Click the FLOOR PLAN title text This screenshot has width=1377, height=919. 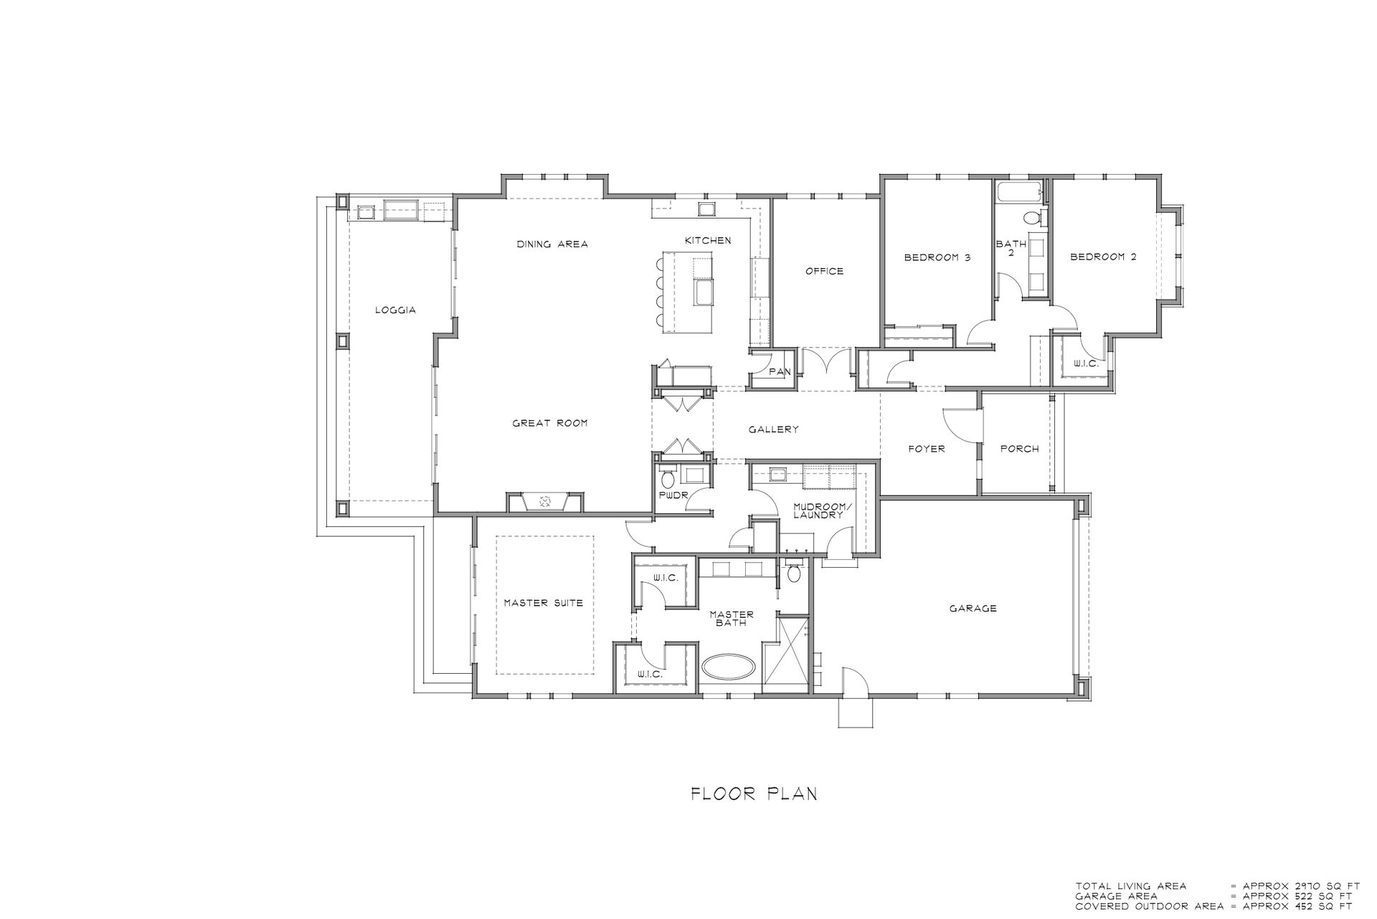[x=754, y=794]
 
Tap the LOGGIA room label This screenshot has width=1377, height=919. [x=396, y=310]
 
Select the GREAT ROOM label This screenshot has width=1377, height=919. [x=550, y=423]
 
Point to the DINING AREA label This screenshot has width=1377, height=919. [x=552, y=244]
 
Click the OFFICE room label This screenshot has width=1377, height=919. [x=825, y=271]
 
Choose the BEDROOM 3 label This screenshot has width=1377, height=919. [x=937, y=257]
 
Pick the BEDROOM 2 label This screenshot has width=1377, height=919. [x=1103, y=257]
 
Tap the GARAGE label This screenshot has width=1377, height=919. [x=973, y=609]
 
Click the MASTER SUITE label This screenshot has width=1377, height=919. [x=544, y=603]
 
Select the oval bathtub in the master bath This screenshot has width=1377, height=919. [x=729, y=667]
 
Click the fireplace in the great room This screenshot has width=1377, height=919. [x=544, y=502]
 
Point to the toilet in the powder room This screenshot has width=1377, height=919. [x=668, y=477]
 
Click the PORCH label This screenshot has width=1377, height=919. [x=1020, y=449]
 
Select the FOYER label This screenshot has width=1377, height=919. [x=927, y=449]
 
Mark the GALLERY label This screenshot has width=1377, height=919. [x=774, y=429]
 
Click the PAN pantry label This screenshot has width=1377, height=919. [x=780, y=372]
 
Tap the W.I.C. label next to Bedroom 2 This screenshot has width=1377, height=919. [x=1086, y=364]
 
